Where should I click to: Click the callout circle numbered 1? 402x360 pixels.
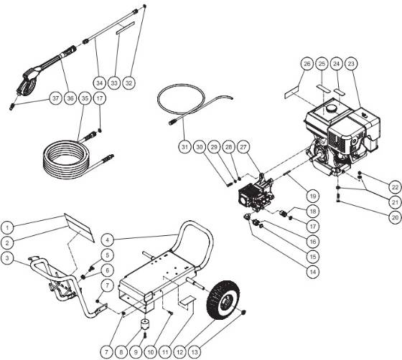pyautogui.click(x=10, y=208)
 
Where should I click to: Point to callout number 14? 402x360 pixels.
pyautogui.click(x=291, y=272)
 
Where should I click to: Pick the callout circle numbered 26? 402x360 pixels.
pyautogui.click(x=307, y=65)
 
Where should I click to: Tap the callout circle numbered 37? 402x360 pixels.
pyautogui.click(x=55, y=98)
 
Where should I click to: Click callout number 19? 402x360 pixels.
pyautogui.click(x=292, y=195)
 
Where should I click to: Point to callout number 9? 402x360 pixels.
pyautogui.click(x=134, y=333)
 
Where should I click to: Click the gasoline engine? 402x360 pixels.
pyautogui.click(x=337, y=140)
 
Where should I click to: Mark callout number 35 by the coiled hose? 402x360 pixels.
pyautogui.click(x=84, y=98)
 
